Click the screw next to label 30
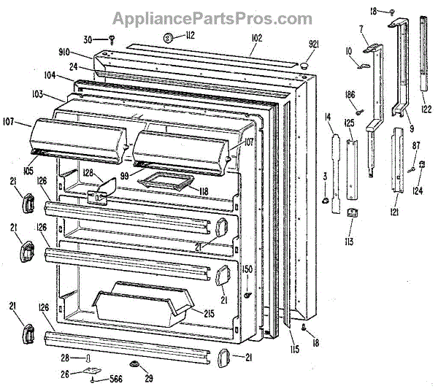tap(113, 39)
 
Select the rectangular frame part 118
tap(165, 180)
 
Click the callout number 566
tap(115, 380)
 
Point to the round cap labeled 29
tap(135, 363)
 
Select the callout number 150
tap(247, 269)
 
